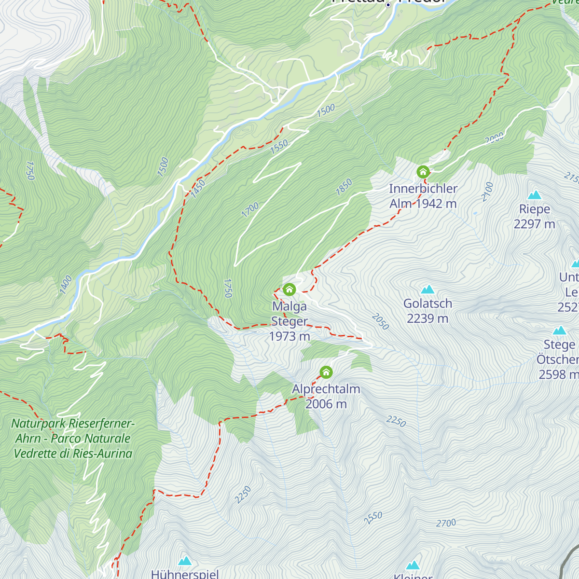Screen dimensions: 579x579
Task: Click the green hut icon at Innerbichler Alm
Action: coord(423,172)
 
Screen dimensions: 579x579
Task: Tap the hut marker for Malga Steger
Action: coord(289,289)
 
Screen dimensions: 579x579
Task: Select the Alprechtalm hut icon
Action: coord(326,372)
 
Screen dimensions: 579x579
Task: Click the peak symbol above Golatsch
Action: coord(427,289)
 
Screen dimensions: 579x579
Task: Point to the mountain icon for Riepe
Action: coord(534,195)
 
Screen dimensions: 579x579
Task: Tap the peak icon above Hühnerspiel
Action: coord(185,561)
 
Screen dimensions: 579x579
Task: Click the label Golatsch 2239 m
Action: coord(427,311)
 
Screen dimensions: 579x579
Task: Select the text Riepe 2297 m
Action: coord(534,217)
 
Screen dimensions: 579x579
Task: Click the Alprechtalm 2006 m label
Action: coord(326,396)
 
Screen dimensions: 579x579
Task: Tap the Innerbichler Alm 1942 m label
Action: coord(423,196)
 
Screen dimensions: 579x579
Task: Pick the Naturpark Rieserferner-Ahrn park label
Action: coord(73,439)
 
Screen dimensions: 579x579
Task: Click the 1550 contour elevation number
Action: coord(279,146)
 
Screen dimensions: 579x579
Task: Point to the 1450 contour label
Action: coord(198,189)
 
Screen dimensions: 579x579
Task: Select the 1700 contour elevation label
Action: coord(250,210)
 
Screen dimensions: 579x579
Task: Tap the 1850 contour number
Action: coord(344,187)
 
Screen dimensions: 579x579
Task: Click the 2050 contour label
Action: coord(380,321)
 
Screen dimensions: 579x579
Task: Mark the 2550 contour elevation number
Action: coord(373,518)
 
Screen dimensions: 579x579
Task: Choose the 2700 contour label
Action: coord(446,523)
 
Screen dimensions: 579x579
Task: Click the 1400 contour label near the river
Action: coord(66,285)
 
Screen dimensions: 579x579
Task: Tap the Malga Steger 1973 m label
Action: coord(289,321)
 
